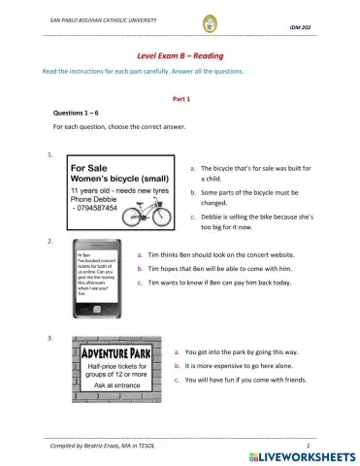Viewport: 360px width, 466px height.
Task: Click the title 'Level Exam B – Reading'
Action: coord(180,56)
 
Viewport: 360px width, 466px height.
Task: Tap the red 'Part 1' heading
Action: coord(180,100)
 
